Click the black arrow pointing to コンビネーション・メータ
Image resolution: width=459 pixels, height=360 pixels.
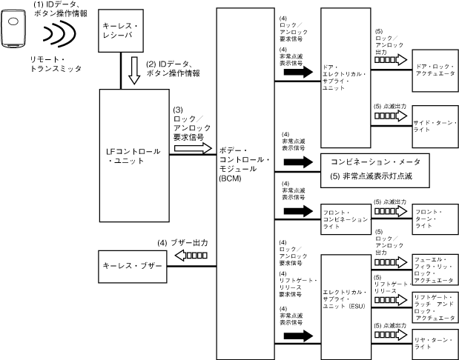click(x=297, y=161)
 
